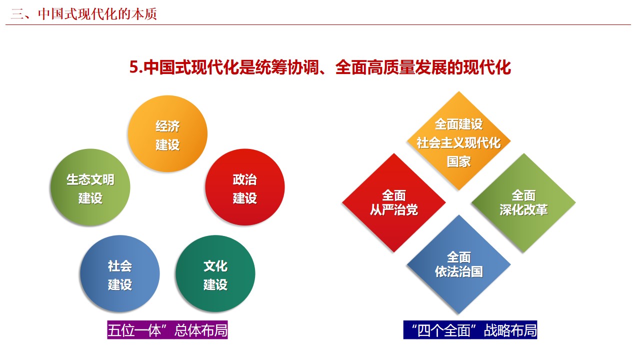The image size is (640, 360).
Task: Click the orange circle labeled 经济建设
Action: click(x=167, y=133)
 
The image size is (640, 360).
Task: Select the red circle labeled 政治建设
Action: click(x=245, y=187)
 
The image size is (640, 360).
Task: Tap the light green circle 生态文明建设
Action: click(x=90, y=187)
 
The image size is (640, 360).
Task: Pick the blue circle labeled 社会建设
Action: click(x=119, y=273)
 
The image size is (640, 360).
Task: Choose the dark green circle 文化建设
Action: click(x=215, y=273)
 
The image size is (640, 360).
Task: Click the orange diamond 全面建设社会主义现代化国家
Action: click(x=459, y=141)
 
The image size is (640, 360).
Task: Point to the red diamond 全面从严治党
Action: click(x=394, y=203)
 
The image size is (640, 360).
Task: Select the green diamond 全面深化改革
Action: click(x=523, y=203)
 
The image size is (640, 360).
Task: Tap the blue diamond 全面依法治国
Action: click(x=459, y=264)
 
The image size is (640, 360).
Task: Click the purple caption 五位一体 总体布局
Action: click(x=167, y=330)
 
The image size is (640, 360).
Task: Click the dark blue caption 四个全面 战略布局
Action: click(x=470, y=330)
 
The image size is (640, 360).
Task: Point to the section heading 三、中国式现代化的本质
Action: click(x=83, y=14)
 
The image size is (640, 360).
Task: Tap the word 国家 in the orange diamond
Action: click(x=459, y=161)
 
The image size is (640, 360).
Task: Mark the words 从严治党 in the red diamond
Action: click(x=394, y=210)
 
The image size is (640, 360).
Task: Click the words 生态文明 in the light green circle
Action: click(x=90, y=179)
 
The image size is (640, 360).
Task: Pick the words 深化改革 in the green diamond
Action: click(x=523, y=210)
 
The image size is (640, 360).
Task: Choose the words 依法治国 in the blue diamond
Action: click(x=459, y=271)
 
